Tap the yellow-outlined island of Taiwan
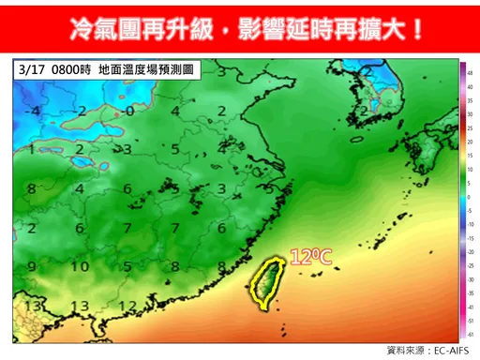pyautogui.click(x=267, y=281)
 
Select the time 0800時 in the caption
pyautogui.click(x=70, y=68)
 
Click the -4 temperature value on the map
pyautogui.click(x=34, y=111)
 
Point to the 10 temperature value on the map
pyautogui.click(x=82, y=266)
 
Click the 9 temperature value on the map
pyautogui.click(x=33, y=266)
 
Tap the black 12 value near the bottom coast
pyautogui.click(x=127, y=306)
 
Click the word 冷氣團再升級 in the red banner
pyautogui.click(x=132, y=28)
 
